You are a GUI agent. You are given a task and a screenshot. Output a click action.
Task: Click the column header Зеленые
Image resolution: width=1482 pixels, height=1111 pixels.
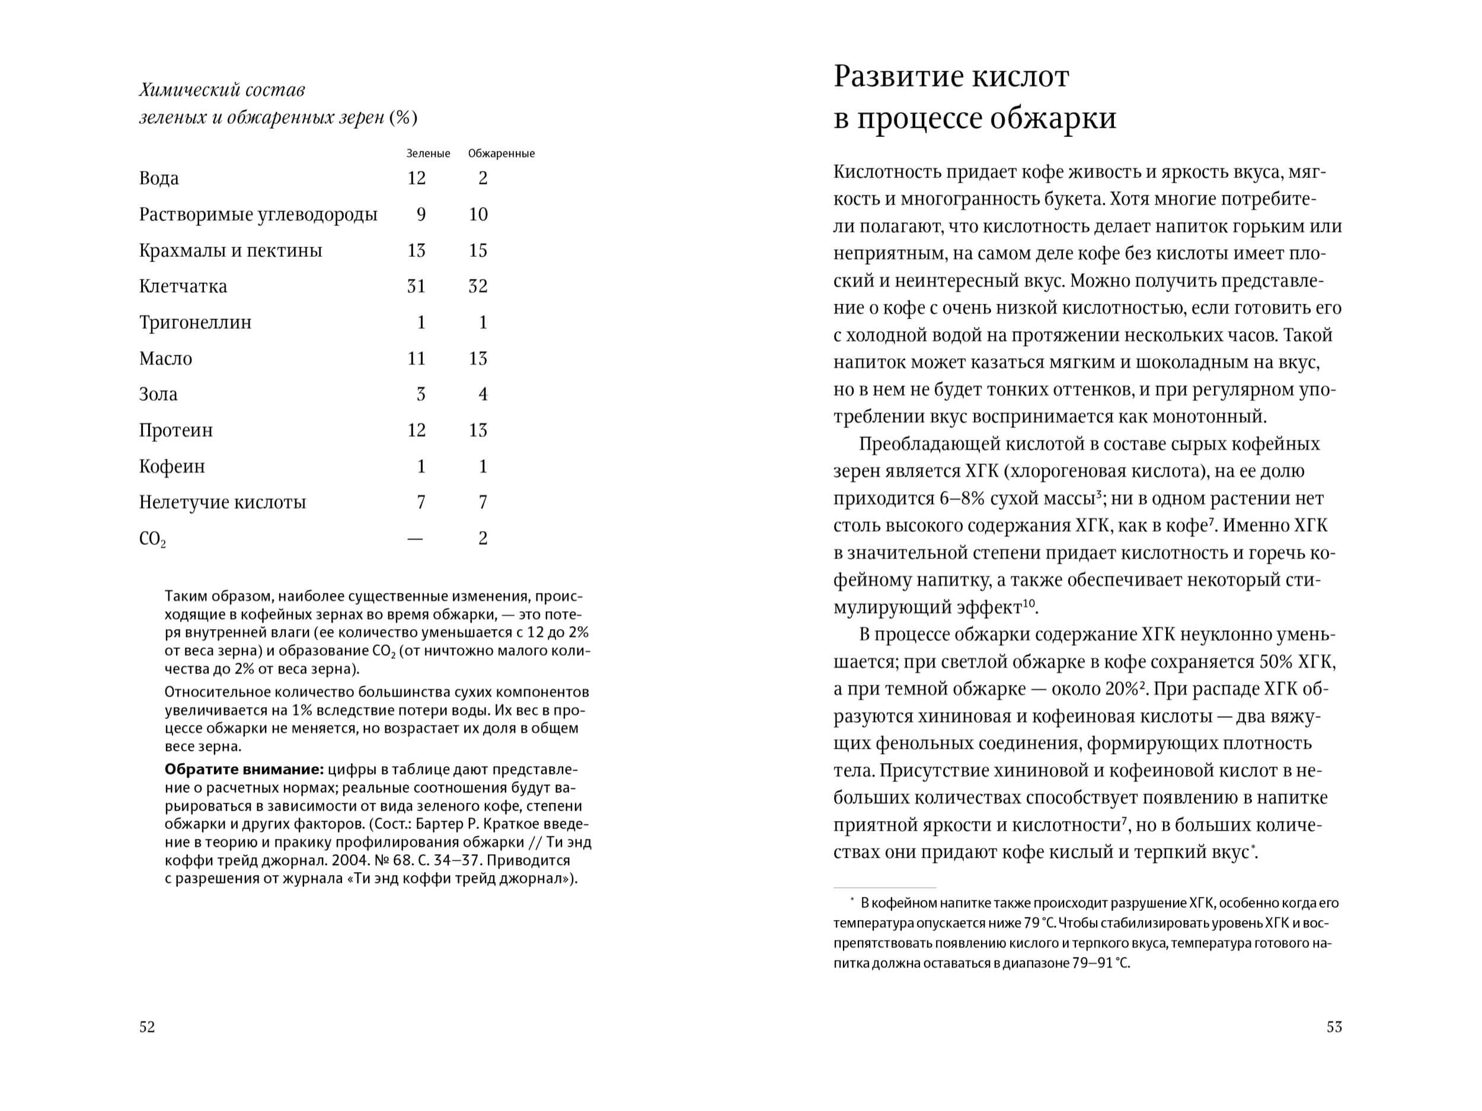coord(428,154)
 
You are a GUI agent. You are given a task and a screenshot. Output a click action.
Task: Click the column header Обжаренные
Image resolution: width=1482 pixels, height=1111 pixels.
coord(501,154)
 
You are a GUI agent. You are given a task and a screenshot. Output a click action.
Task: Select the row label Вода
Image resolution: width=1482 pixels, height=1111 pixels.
coord(159,178)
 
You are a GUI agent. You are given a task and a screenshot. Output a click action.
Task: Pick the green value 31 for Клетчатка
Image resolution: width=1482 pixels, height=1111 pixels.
coord(416,286)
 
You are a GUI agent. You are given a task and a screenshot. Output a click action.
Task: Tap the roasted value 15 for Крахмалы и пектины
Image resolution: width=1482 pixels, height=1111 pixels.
coord(478,251)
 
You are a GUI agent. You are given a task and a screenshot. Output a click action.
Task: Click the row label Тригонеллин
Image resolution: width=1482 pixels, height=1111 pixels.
coord(195,323)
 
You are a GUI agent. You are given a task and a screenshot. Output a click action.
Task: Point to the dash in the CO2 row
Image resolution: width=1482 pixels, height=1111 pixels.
coord(416,539)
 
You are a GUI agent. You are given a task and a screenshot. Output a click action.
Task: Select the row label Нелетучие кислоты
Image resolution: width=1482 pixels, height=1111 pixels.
coord(222,503)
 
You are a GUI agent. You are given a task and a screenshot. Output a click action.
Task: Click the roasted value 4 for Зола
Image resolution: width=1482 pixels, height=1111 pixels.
coord(483,394)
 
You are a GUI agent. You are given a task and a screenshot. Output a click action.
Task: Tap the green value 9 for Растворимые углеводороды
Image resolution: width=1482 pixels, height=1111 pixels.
coord(421,215)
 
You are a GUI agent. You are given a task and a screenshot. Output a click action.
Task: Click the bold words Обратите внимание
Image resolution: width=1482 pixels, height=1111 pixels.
coord(244,770)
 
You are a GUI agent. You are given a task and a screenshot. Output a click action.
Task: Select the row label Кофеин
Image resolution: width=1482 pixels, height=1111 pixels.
coord(171,467)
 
